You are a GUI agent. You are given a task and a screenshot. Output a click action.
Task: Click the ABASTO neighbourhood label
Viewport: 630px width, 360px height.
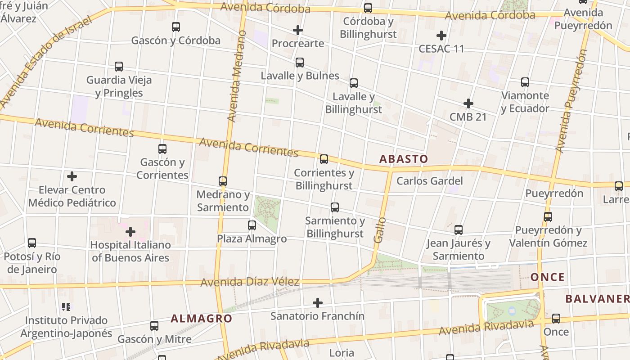pyautogui.click(x=403, y=159)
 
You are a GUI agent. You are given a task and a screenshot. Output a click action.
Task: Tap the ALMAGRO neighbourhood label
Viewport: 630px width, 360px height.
pyautogui.click(x=201, y=319)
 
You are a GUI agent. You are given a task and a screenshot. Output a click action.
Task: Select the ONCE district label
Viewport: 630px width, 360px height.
pyautogui.click(x=547, y=277)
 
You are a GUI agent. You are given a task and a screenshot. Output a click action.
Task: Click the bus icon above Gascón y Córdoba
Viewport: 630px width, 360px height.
pyautogui.click(x=176, y=27)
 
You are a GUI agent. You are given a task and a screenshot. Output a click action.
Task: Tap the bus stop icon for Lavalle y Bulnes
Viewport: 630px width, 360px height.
pyautogui.click(x=300, y=63)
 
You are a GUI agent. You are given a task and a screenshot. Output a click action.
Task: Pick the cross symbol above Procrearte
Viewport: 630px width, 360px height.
pyautogui.click(x=297, y=30)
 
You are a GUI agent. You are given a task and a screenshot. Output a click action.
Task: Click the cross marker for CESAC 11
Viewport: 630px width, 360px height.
pyautogui.click(x=441, y=35)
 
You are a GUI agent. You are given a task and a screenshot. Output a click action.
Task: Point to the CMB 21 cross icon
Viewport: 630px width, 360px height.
pyautogui.click(x=468, y=103)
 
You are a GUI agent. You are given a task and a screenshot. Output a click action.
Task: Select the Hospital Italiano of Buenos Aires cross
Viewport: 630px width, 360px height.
pyautogui.click(x=130, y=232)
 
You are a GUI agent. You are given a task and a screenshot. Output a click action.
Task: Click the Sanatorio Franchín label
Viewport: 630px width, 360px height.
pyautogui.click(x=317, y=316)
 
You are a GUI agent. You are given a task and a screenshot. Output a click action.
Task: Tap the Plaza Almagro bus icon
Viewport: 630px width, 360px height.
pyautogui.click(x=252, y=225)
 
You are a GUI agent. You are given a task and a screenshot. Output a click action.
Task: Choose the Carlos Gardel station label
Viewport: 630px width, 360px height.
pyautogui.click(x=429, y=181)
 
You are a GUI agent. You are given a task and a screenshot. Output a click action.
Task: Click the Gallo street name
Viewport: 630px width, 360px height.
pyautogui.click(x=380, y=230)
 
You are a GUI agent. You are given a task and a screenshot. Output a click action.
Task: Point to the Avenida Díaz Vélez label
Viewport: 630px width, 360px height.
pyautogui.click(x=250, y=282)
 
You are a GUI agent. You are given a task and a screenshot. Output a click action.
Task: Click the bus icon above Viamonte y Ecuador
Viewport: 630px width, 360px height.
pyautogui.click(x=525, y=82)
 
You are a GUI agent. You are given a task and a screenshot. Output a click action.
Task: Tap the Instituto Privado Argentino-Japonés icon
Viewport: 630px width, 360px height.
pyautogui.click(x=66, y=307)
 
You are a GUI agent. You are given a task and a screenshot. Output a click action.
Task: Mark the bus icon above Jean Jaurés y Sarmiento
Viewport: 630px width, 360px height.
pyautogui.click(x=458, y=230)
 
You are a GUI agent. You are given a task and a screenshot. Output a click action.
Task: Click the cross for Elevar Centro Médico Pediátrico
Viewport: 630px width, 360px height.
pyautogui.click(x=72, y=176)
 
